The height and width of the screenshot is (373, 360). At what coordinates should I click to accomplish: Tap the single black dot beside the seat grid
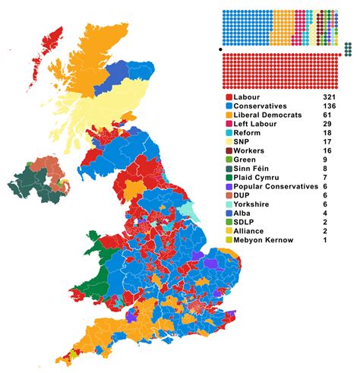tap(220, 50)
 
